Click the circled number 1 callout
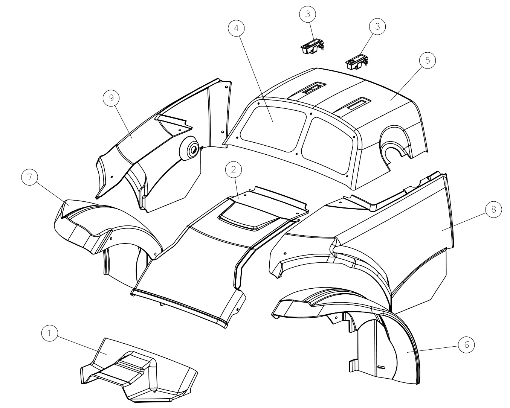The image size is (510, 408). tap(49, 333)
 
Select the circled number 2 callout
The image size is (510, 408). tap(234, 169)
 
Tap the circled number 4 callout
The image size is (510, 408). tap(236, 28)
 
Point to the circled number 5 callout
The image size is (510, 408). tap(428, 60)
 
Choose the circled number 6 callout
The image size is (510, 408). tap(466, 345)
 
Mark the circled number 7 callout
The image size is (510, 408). tap(30, 177)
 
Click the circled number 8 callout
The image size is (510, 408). tap(493, 209)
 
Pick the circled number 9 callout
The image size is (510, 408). tap(111, 98)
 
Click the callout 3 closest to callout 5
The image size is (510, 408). tap(377, 26)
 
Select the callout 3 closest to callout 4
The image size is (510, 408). tap(308, 14)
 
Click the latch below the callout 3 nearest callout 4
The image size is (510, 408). tap(312, 47)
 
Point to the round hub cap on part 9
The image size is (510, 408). tap(189, 148)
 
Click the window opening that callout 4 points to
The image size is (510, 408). tap(273, 128)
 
